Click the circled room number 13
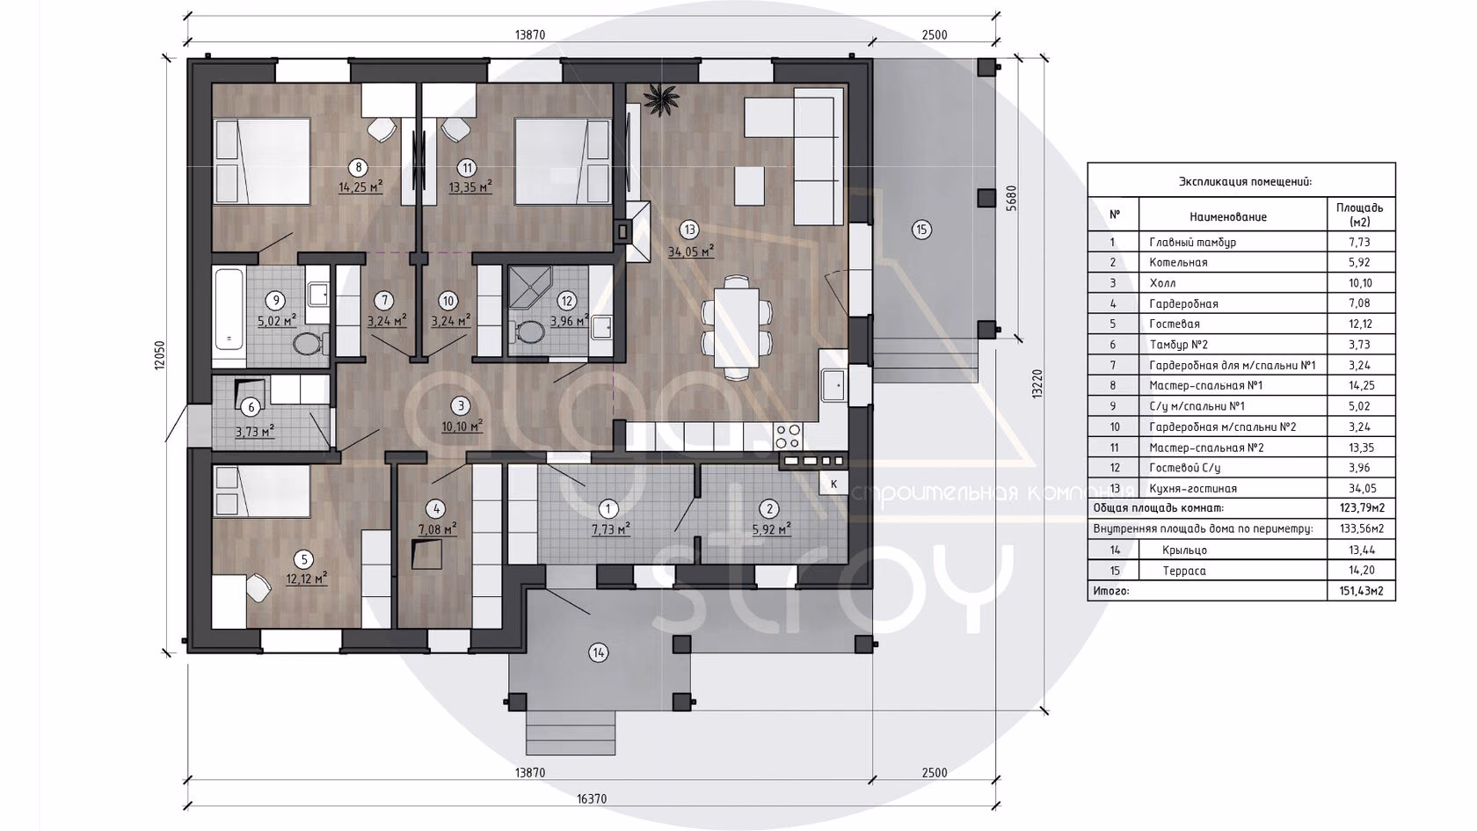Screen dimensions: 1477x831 tap(689, 230)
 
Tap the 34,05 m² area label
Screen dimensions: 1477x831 tap(691, 251)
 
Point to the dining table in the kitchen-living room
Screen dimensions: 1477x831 tap(736, 328)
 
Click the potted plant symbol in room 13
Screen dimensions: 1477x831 tap(661, 99)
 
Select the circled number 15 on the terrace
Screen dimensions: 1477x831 tap(921, 230)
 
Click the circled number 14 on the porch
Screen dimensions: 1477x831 tap(598, 652)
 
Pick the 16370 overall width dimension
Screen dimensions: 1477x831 tap(592, 798)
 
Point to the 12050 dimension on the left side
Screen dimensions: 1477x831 tap(159, 355)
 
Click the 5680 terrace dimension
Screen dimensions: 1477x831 tap(1011, 197)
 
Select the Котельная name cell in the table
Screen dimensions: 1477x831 tap(1178, 262)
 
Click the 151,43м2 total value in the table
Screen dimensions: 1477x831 tap(1361, 591)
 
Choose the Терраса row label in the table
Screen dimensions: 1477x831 tap(1184, 571)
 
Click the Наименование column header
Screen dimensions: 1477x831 tap(1227, 216)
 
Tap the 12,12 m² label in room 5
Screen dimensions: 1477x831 tap(307, 579)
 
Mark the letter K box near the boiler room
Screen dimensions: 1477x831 tap(833, 484)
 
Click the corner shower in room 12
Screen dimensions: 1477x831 tap(529, 288)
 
